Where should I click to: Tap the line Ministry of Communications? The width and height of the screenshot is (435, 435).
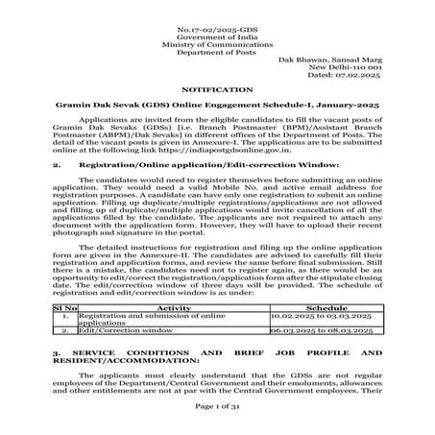[x=217, y=32]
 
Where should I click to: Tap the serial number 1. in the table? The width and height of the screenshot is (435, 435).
[x=62, y=314]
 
